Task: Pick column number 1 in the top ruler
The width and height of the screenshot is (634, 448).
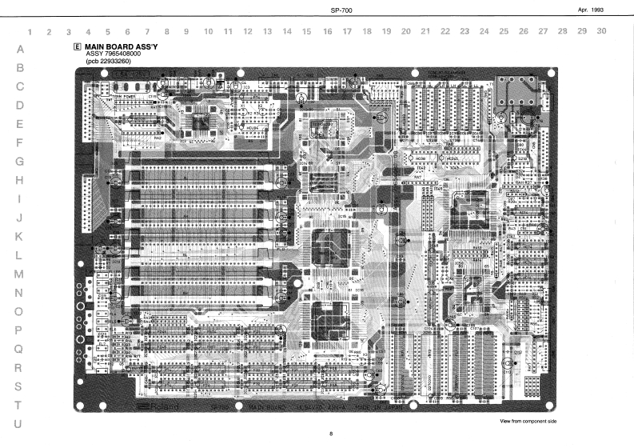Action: pyautogui.click(x=30, y=31)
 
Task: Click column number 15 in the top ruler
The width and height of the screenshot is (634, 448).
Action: pyautogui.click(x=306, y=31)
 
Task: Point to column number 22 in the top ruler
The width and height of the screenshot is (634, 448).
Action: pyautogui.click(x=444, y=31)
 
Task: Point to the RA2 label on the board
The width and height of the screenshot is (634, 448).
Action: pyautogui.click(x=158, y=137)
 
